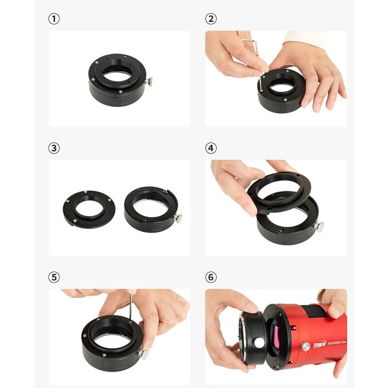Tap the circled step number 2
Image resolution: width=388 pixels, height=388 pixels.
click(x=210, y=19)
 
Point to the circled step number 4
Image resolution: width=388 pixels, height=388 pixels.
click(x=210, y=148)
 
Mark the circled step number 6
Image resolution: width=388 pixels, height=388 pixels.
click(x=210, y=277)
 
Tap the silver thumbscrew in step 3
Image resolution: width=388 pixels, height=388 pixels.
click(x=179, y=219)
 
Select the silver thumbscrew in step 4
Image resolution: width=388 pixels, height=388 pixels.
click(x=319, y=226)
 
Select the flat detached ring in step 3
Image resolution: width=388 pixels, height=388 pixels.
click(x=89, y=209)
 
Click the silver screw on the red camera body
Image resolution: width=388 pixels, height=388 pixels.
click(x=305, y=346)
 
